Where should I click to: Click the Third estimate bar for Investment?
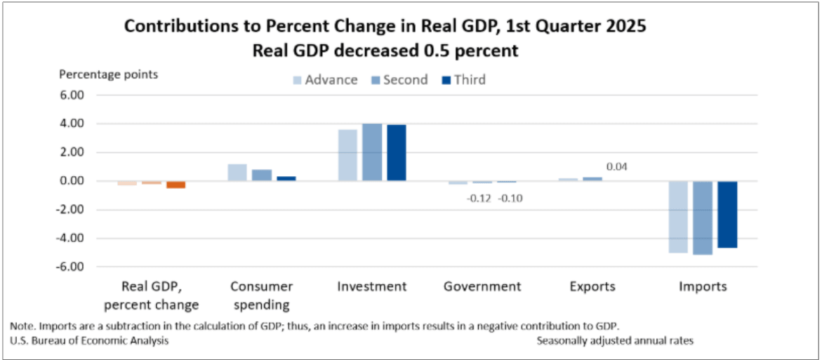pos(397,153)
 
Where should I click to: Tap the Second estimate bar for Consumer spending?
pos(262,175)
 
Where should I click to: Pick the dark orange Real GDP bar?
pos(176,185)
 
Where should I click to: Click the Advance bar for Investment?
pos(348,155)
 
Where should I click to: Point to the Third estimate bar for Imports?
pos(727,214)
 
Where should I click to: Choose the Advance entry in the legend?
pos(324,80)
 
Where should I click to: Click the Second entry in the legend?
pos(399,80)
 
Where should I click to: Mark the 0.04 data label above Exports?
pos(618,166)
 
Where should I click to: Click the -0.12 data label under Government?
pos(480,199)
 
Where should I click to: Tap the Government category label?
pos(482,286)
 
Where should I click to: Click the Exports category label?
pos(592,286)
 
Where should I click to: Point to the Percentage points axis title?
pos(109,74)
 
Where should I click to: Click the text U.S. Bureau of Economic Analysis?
pos(89,340)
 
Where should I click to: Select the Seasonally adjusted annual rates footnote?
pos(616,340)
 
